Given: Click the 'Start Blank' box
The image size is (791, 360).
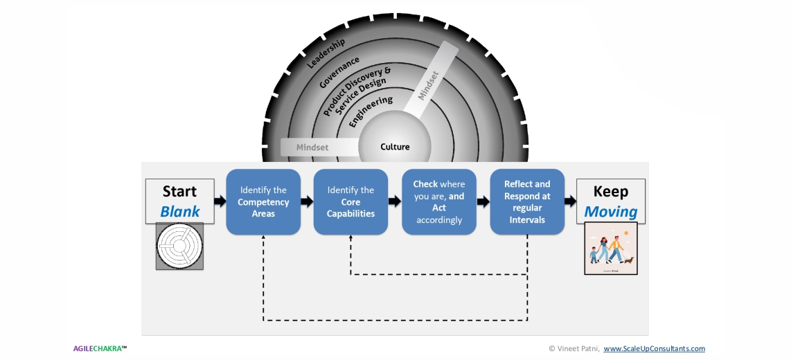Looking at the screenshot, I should (x=179, y=201).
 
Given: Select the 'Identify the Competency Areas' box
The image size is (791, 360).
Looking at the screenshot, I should (x=263, y=201).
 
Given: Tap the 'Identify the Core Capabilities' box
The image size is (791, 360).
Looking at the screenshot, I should (x=350, y=201).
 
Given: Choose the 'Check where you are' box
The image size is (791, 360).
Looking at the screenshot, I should (x=439, y=201).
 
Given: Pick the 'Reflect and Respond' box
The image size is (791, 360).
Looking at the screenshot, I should (x=527, y=201).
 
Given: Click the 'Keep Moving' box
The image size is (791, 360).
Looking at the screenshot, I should (x=611, y=201).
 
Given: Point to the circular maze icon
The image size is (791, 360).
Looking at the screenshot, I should (x=179, y=246).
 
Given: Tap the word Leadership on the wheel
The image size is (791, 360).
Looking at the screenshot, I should (x=326, y=53).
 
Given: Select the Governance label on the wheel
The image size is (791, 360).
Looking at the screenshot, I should (x=339, y=72).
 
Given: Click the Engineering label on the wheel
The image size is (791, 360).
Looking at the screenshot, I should (x=371, y=111).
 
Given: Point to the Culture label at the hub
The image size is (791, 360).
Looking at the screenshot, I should (x=395, y=147).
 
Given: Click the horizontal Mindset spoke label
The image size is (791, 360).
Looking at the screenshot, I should (x=312, y=147).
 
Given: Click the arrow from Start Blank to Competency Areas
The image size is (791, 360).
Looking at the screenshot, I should (x=220, y=201).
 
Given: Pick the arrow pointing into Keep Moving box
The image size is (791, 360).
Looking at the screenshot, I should (x=570, y=201).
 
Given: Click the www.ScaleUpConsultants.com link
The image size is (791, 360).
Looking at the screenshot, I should (x=654, y=348).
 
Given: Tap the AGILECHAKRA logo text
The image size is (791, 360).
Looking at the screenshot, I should (x=100, y=348).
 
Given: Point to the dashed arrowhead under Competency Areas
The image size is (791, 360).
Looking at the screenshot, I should (x=263, y=238).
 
